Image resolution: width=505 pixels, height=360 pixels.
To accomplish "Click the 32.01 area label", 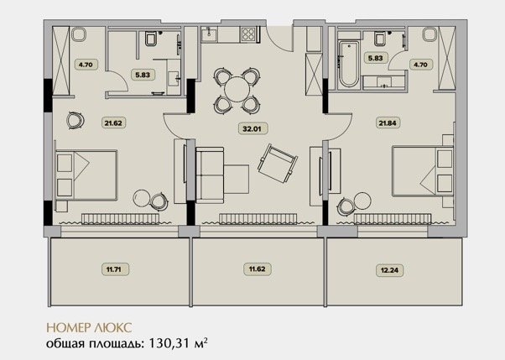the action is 252,128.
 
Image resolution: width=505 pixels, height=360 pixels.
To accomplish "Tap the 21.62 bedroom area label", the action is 113,123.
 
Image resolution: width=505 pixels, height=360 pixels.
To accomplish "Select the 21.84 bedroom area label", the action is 388,123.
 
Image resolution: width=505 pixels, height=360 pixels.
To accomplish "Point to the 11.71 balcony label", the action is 113,269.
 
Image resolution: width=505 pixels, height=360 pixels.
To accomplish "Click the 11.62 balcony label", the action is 257,269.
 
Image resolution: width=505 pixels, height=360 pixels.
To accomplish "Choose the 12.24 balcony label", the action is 389,270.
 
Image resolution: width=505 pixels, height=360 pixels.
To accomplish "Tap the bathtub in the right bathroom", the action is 349,64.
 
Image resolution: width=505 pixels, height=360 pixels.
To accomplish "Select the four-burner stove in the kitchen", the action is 249,34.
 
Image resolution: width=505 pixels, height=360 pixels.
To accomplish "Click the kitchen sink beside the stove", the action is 210,34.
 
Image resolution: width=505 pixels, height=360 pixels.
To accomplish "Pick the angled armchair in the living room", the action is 278,163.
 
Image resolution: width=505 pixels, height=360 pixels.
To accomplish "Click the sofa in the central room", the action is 210,175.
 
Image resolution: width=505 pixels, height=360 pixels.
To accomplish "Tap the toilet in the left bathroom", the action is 151,39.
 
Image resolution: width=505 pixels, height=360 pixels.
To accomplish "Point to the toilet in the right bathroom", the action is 381,39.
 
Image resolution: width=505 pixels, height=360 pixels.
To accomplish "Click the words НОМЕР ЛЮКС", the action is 89,327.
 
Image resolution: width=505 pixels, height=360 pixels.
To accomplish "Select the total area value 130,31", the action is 169,343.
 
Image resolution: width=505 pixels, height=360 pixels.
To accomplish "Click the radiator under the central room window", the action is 258,218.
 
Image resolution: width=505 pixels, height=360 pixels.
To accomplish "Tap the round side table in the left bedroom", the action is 141,198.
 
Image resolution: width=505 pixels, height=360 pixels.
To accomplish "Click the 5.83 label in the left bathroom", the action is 143,75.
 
